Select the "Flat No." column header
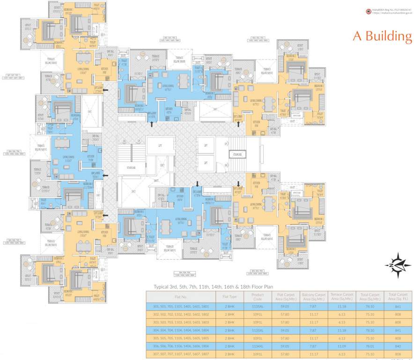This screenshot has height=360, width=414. (180, 297)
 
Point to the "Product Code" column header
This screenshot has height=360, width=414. (258, 297)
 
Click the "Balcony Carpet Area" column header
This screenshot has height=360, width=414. (314, 297)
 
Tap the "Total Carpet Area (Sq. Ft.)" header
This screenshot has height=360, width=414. (398, 297)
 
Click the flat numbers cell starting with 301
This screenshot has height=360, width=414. (180, 306)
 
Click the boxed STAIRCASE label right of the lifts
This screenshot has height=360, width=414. (236, 154)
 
